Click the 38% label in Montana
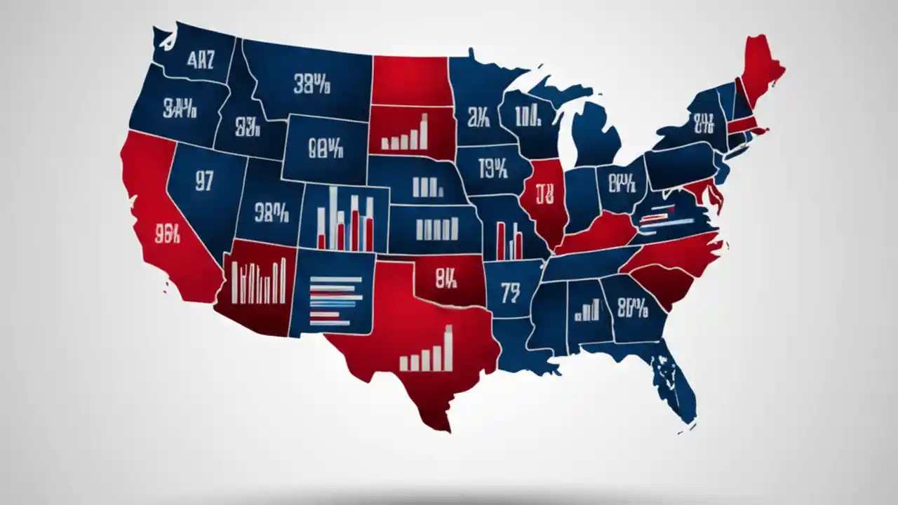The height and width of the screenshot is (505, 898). click(312, 86)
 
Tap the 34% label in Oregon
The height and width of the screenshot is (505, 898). click(180, 109)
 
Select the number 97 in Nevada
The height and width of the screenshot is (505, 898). click(204, 182)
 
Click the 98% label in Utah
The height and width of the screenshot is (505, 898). click(272, 213)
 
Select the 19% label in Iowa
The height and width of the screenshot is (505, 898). click(492, 168)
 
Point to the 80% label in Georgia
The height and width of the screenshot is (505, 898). click(632, 307)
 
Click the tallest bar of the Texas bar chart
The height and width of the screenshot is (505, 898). click(448, 348)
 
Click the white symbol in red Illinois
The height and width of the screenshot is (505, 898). click(544, 193)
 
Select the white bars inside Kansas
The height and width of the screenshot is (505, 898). click(437, 229)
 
